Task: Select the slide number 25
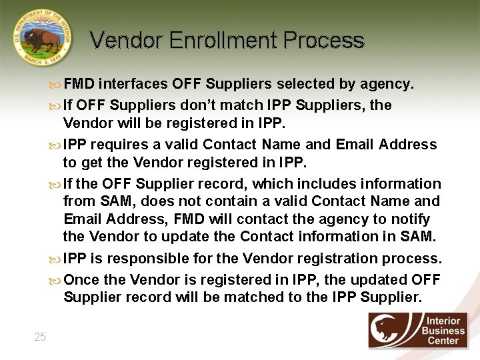click(40, 337)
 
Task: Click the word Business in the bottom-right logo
click(443, 331)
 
